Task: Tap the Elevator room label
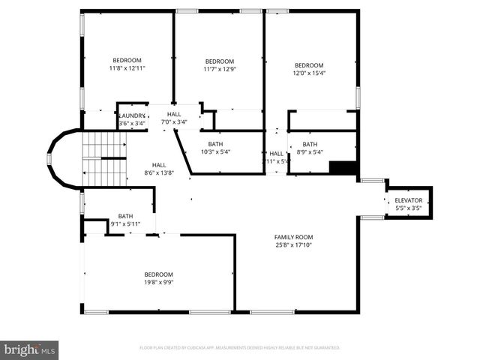(x=408, y=200)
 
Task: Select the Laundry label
(x=132, y=115)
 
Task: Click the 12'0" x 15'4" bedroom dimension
(x=309, y=73)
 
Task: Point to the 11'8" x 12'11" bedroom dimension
(x=127, y=68)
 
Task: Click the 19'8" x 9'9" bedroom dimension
(x=158, y=282)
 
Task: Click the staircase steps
(x=102, y=159)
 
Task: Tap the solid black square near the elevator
(x=343, y=167)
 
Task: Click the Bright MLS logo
(x=30, y=349)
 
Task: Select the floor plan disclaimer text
(x=240, y=347)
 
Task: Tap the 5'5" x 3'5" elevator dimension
(x=408, y=208)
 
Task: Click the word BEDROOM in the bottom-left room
(x=158, y=274)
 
